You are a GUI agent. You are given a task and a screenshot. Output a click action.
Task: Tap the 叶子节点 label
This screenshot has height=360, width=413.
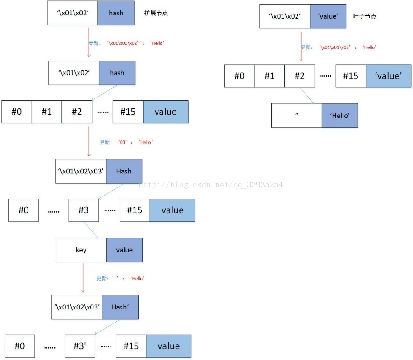click(x=364, y=16)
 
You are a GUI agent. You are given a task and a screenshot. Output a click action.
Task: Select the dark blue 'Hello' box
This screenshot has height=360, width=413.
click(x=339, y=116)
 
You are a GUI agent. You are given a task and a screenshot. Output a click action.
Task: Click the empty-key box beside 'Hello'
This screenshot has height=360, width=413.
click(x=297, y=116)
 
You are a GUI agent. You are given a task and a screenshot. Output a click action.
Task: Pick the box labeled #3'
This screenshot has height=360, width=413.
click(x=79, y=346)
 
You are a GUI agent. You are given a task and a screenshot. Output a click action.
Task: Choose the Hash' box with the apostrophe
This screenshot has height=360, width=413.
click(x=120, y=307)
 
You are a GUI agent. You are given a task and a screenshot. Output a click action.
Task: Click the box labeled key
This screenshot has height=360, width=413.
click(x=81, y=250)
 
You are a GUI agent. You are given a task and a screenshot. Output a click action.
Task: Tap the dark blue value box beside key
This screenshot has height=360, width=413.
click(x=124, y=250)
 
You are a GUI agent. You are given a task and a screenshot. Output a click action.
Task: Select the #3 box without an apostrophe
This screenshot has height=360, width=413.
click(x=84, y=210)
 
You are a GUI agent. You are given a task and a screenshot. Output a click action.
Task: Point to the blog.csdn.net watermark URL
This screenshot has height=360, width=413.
click(x=210, y=184)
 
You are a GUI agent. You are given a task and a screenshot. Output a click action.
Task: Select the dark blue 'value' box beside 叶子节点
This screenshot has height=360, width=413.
click(x=328, y=16)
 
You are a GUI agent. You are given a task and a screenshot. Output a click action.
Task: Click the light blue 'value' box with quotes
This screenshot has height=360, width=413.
click(x=388, y=76)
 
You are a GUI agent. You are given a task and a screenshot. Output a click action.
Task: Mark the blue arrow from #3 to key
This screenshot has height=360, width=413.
click(x=92, y=230)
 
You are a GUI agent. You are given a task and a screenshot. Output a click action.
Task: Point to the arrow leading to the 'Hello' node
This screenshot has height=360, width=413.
click(x=307, y=96)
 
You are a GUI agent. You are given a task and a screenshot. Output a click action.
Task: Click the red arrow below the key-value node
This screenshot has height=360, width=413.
click(x=83, y=277)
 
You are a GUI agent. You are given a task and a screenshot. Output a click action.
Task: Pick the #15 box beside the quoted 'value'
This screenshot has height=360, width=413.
click(x=351, y=76)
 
